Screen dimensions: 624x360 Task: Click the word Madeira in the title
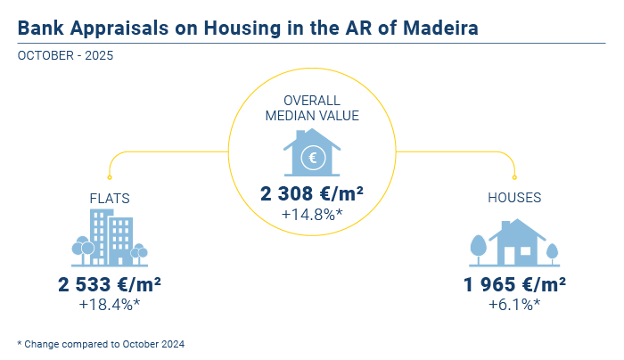440,28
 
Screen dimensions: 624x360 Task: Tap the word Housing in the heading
242,29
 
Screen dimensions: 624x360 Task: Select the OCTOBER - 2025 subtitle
65,55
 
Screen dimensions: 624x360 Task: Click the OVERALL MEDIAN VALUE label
312,108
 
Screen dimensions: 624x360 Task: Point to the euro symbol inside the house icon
313,158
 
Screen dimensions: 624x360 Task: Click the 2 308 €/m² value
312,193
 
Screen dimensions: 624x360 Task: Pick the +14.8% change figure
312,215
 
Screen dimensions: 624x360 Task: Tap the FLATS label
110,198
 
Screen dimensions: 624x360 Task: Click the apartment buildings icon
110,238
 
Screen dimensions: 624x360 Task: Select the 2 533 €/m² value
110,284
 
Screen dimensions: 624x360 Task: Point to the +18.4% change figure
110,305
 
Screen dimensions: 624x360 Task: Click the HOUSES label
514,197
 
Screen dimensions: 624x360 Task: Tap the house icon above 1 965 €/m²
514,242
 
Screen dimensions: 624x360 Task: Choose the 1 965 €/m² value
514,284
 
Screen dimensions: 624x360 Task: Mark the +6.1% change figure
514,305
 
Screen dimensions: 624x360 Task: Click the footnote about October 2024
101,344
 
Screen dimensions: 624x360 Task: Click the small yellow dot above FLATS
110,177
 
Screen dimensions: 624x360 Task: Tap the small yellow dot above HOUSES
514,177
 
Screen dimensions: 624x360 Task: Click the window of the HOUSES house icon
525,251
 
